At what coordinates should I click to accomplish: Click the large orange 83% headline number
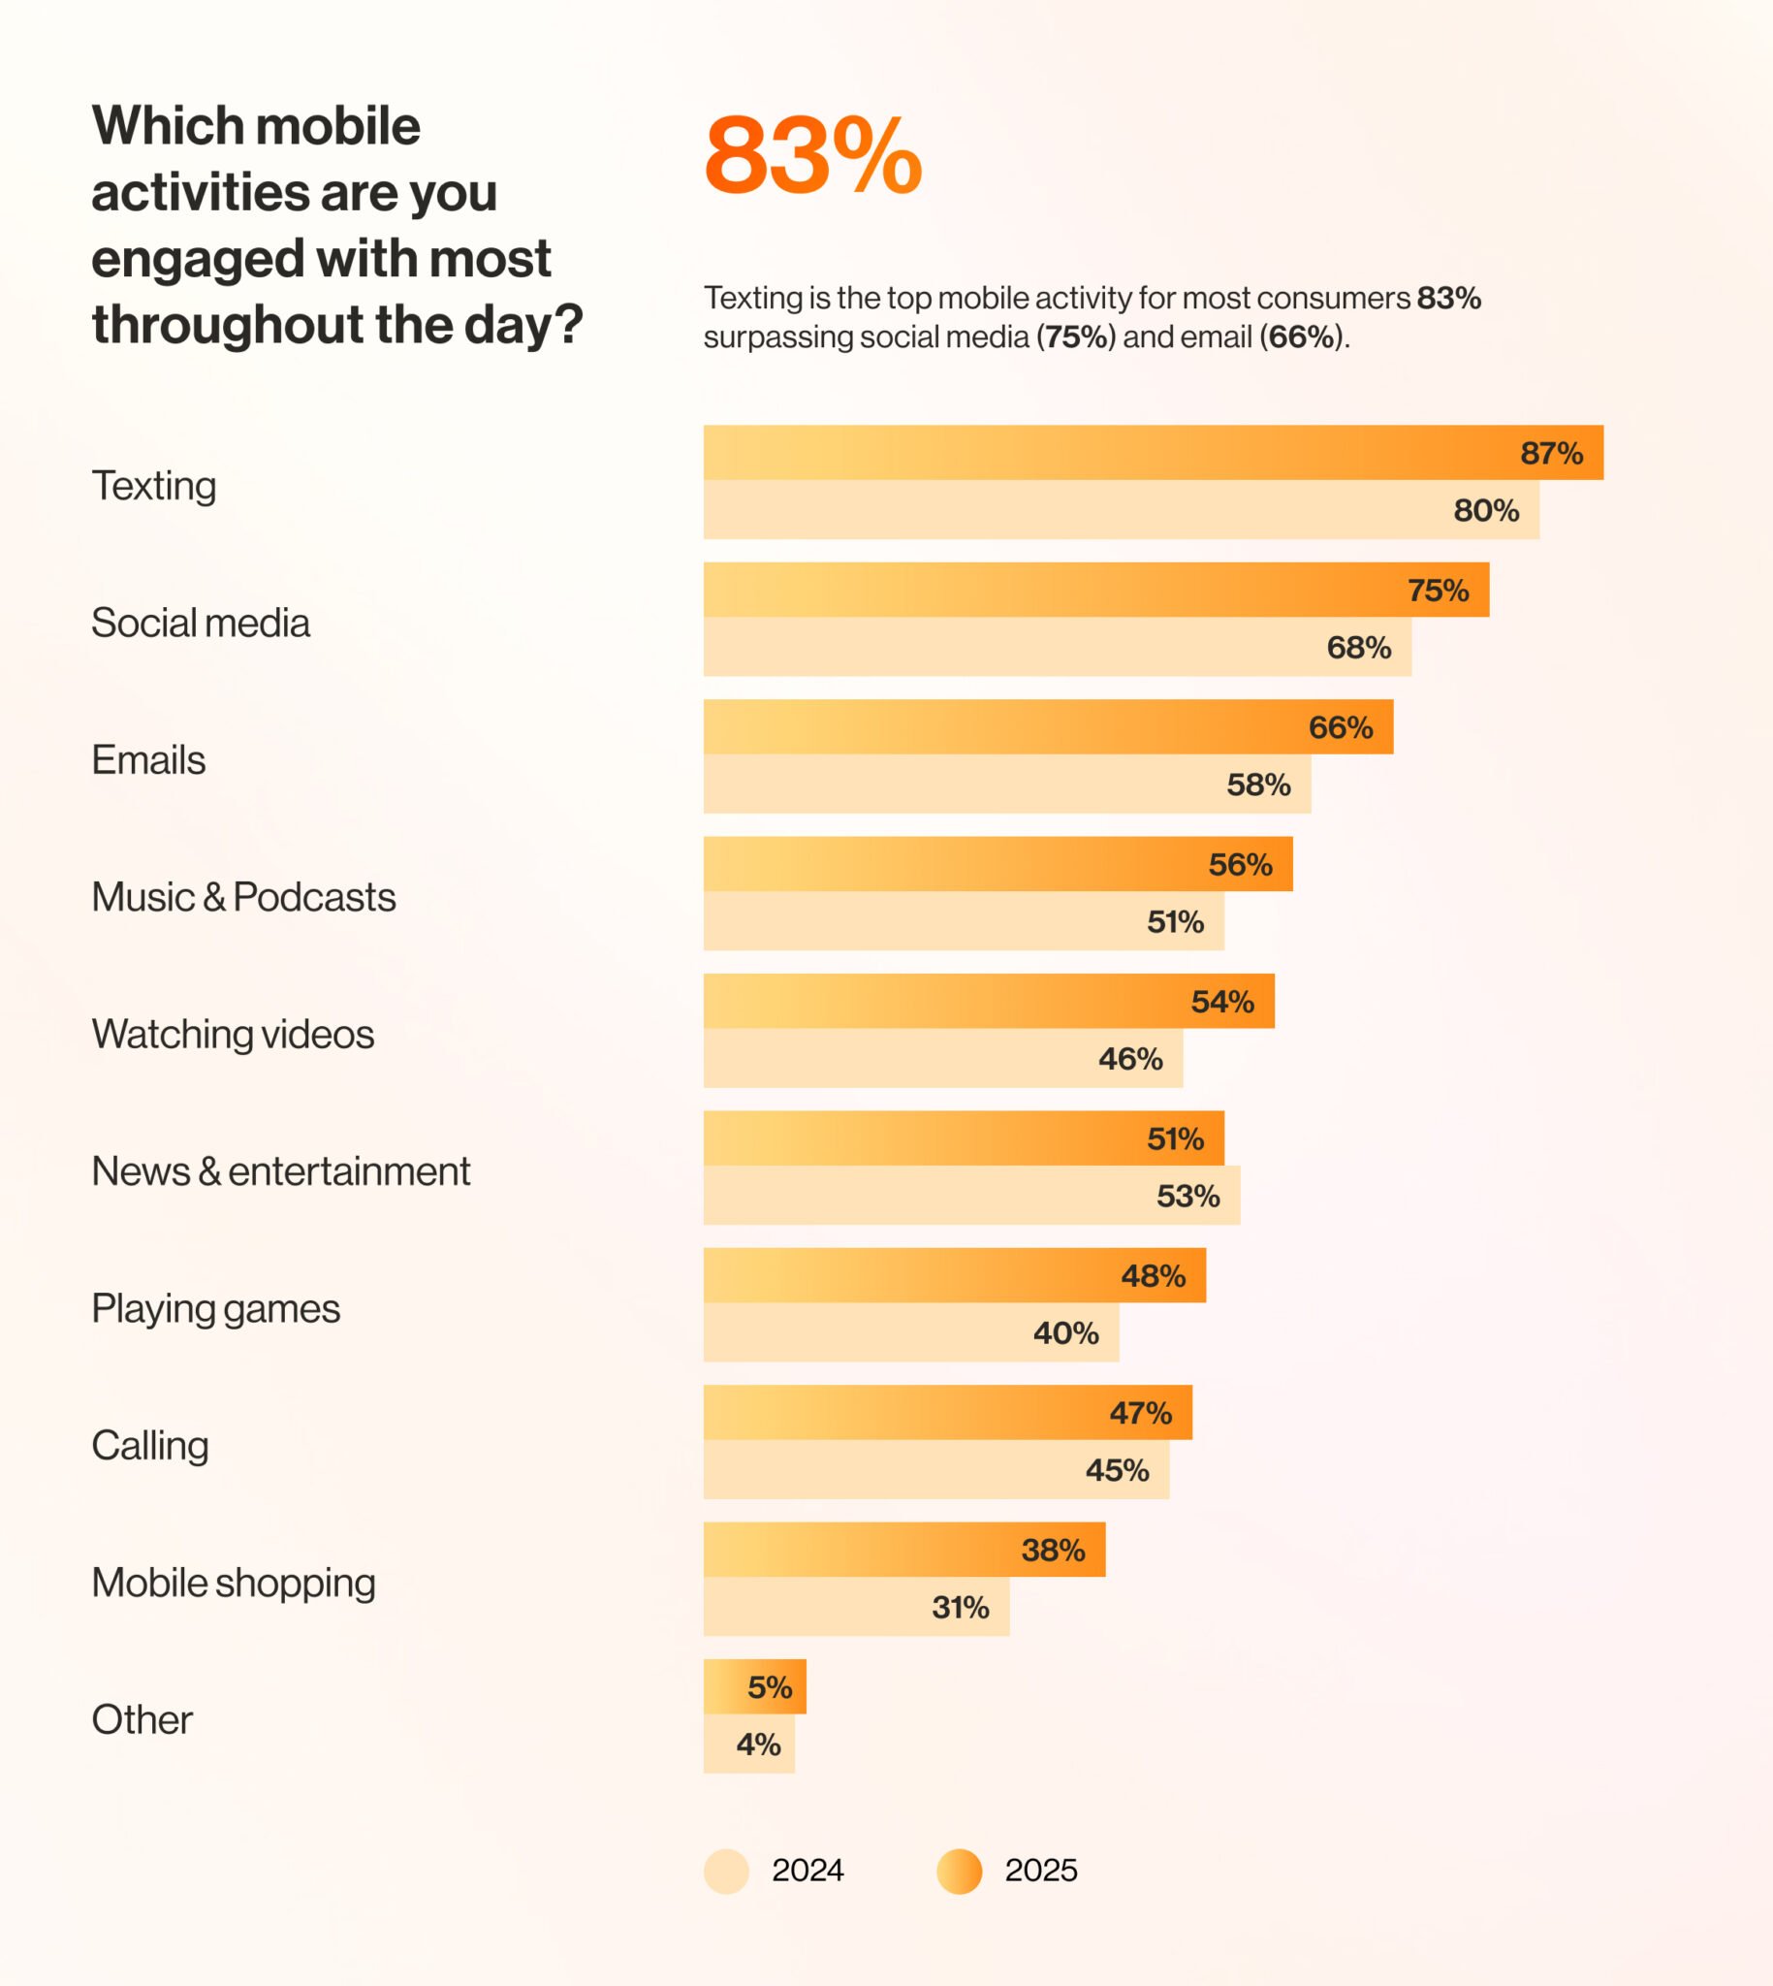pos(812,156)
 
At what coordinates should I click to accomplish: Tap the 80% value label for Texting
pos(1486,510)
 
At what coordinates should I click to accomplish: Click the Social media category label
pos(201,623)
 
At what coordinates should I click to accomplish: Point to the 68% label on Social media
pos(1358,647)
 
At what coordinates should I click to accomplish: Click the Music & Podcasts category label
pos(243,897)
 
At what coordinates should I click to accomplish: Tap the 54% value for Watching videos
pos(1221,1001)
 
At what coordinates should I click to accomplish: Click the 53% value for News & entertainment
pos(1187,1196)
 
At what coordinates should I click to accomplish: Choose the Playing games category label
pos(215,1308)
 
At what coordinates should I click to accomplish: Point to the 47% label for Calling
pos(1140,1412)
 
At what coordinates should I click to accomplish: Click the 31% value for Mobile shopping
pos(960,1607)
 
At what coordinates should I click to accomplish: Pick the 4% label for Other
pos(758,1745)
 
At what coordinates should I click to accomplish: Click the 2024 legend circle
pos(726,1871)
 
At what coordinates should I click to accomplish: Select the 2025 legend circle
pos(959,1871)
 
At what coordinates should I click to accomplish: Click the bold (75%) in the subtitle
pos(1075,337)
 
